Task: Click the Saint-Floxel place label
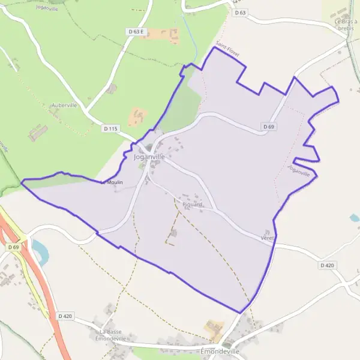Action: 227,49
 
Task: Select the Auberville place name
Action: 64,105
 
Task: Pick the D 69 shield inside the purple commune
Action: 268,127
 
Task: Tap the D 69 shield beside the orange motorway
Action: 14,247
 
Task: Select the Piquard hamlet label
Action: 193,205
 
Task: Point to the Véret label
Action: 267,238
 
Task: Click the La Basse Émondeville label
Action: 112,335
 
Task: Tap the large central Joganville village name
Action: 149,157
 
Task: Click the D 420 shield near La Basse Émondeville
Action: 65,316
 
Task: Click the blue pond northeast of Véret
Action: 355,218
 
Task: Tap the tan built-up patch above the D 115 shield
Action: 138,115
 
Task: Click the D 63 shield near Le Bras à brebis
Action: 241,12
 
